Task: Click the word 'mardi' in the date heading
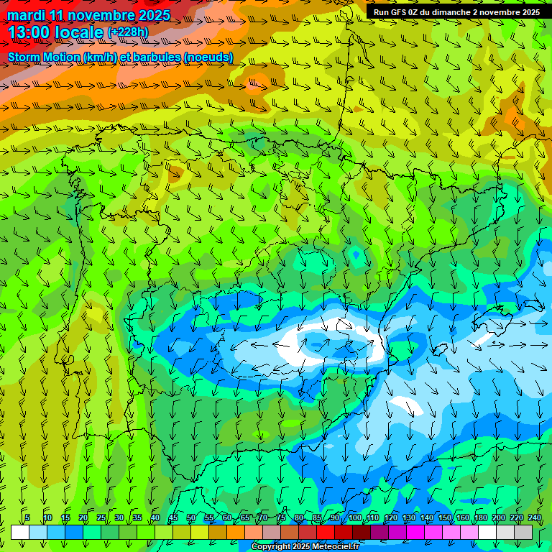point(26,15)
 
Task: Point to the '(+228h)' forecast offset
point(127,32)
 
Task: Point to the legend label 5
point(27,517)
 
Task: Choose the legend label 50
point(191,517)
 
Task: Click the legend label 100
point(355,517)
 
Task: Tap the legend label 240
point(535,517)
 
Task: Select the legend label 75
point(281,517)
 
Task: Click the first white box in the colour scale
point(20,532)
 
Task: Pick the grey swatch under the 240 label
point(523,532)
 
